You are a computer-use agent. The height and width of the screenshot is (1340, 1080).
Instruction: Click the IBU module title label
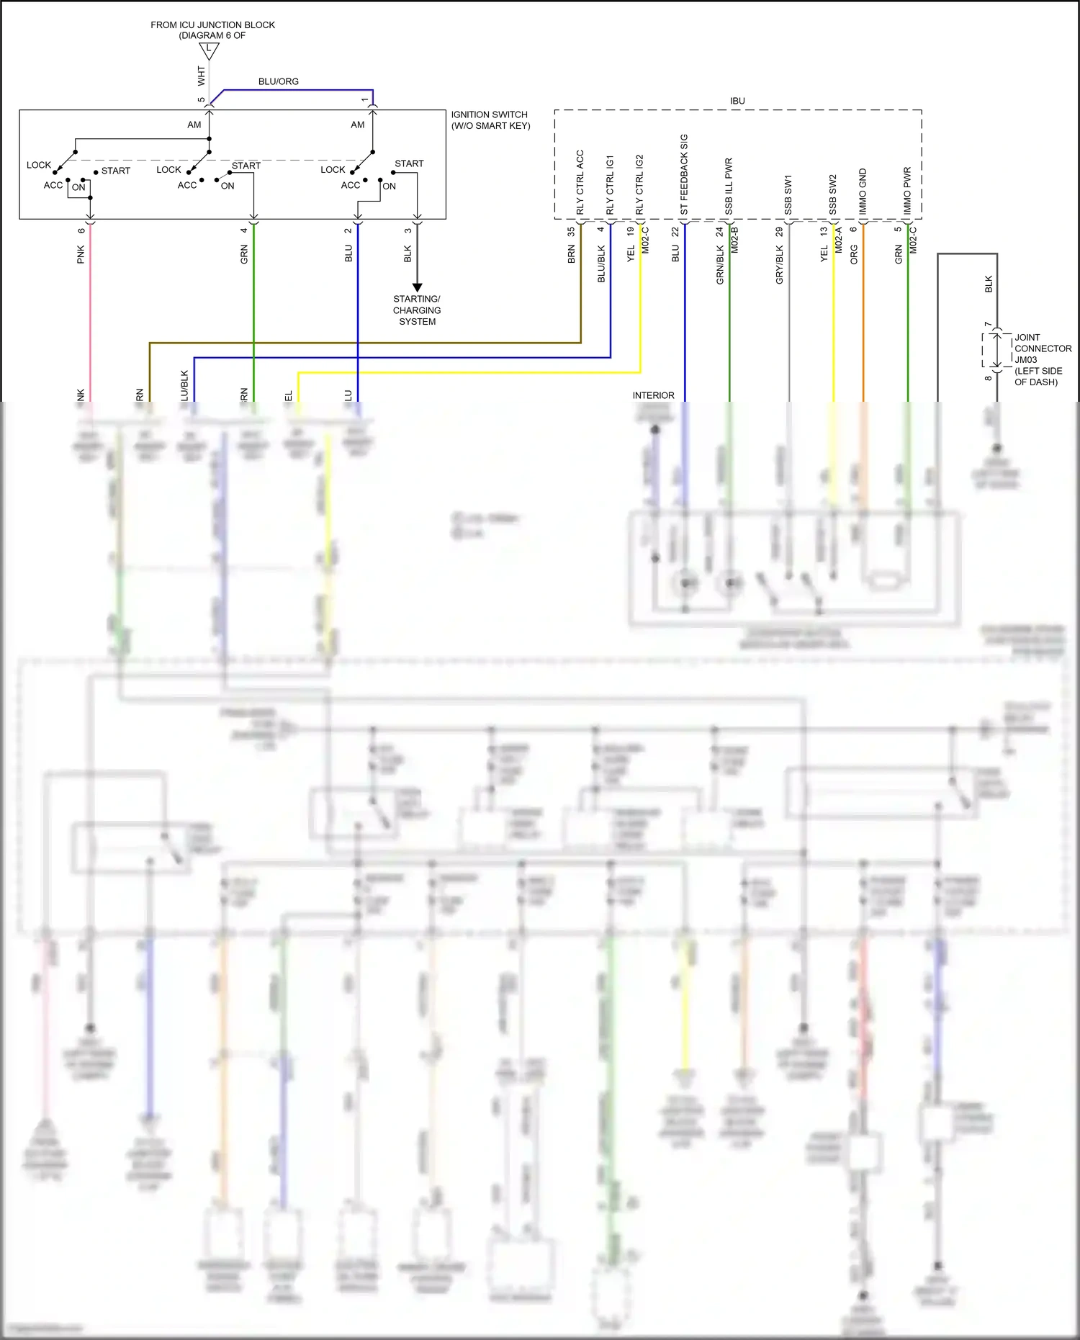(737, 101)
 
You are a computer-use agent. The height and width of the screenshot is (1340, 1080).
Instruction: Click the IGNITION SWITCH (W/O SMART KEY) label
(490, 120)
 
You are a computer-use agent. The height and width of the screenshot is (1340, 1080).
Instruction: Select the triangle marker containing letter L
(209, 50)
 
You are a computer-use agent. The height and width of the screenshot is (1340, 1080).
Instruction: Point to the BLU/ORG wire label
(278, 81)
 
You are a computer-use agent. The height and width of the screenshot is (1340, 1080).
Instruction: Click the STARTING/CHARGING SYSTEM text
(417, 310)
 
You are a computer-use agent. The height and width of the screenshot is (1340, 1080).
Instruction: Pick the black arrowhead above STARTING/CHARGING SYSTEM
(417, 287)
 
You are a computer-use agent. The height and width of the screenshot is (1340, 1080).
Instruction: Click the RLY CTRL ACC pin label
(580, 182)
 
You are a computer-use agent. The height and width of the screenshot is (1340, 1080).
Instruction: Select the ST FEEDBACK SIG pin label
(684, 174)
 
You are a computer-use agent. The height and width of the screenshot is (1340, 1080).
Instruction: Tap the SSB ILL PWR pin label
(729, 186)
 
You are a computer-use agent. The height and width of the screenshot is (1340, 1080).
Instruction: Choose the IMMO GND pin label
(863, 192)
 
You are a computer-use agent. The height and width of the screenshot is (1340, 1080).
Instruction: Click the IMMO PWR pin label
(907, 191)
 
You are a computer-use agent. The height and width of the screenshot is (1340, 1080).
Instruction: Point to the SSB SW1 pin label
(788, 194)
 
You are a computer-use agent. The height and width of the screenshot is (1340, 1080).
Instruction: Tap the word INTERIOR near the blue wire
(653, 395)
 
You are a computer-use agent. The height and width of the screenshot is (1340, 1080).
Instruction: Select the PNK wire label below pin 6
(81, 254)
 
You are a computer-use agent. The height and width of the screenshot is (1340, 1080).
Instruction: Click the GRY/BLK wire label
(779, 264)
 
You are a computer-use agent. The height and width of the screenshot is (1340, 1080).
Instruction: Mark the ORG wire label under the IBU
(854, 254)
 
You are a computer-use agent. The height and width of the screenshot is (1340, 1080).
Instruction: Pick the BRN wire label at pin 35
(571, 254)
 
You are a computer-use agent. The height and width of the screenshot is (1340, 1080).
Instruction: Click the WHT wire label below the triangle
(201, 76)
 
